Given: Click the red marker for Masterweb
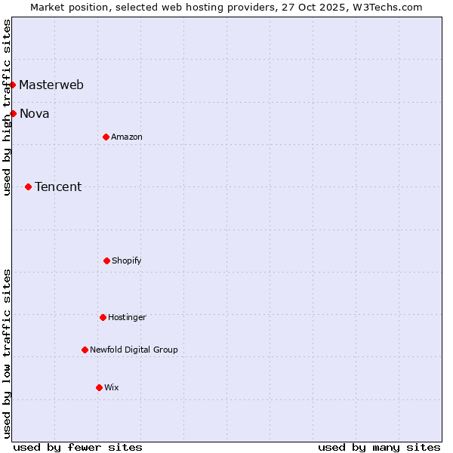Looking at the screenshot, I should tap(13, 85).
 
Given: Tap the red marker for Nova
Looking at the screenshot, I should tap(13, 113).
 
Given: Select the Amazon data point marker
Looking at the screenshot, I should tap(106, 137).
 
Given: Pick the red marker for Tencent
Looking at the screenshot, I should tap(28, 186).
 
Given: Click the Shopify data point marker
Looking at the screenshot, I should tap(106, 260).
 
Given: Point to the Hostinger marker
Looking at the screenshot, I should tap(103, 317).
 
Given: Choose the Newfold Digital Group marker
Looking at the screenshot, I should tap(85, 350).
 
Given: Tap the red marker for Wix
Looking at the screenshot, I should tap(99, 387).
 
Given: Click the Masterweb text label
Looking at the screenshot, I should tap(51, 85).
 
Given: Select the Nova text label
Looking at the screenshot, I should tap(35, 114).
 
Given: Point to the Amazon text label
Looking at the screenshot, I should tap(127, 137).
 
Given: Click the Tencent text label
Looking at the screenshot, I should tap(58, 187).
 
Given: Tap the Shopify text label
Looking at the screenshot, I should tap(127, 260).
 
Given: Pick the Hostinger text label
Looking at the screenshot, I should tap(127, 317).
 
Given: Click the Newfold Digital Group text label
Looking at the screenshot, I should tap(134, 350).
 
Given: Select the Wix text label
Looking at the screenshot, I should tap(112, 387).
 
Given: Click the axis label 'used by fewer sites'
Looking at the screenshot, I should tap(78, 447).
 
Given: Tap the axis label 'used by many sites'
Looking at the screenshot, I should tap(379, 447).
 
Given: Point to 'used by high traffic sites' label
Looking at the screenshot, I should tap(7, 107).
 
